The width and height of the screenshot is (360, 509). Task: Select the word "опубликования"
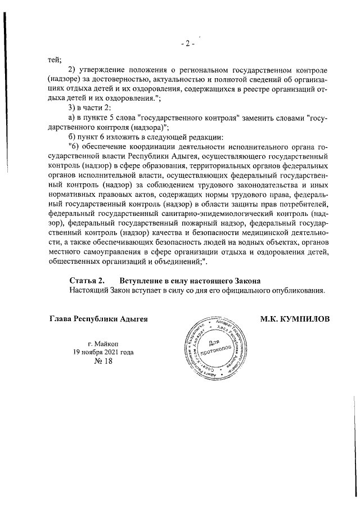click(297, 290)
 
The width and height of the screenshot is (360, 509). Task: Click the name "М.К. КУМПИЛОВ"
click(294, 319)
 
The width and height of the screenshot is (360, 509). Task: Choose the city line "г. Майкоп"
click(103, 344)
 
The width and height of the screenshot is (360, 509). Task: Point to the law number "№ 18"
click(103, 363)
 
